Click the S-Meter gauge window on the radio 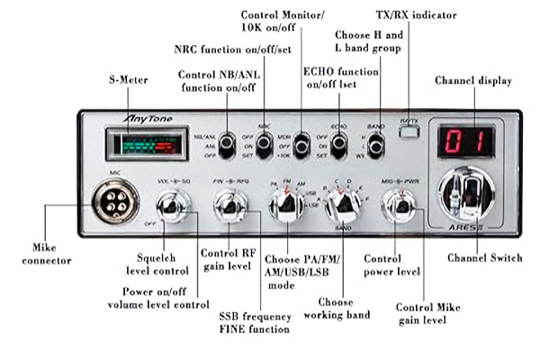(x=139, y=143)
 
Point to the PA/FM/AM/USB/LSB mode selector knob (x=287, y=205)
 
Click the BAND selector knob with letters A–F (x=343, y=206)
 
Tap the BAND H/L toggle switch (x=376, y=144)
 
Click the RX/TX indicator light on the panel (x=409, y=131)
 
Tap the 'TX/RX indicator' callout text (x=416, y=15)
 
